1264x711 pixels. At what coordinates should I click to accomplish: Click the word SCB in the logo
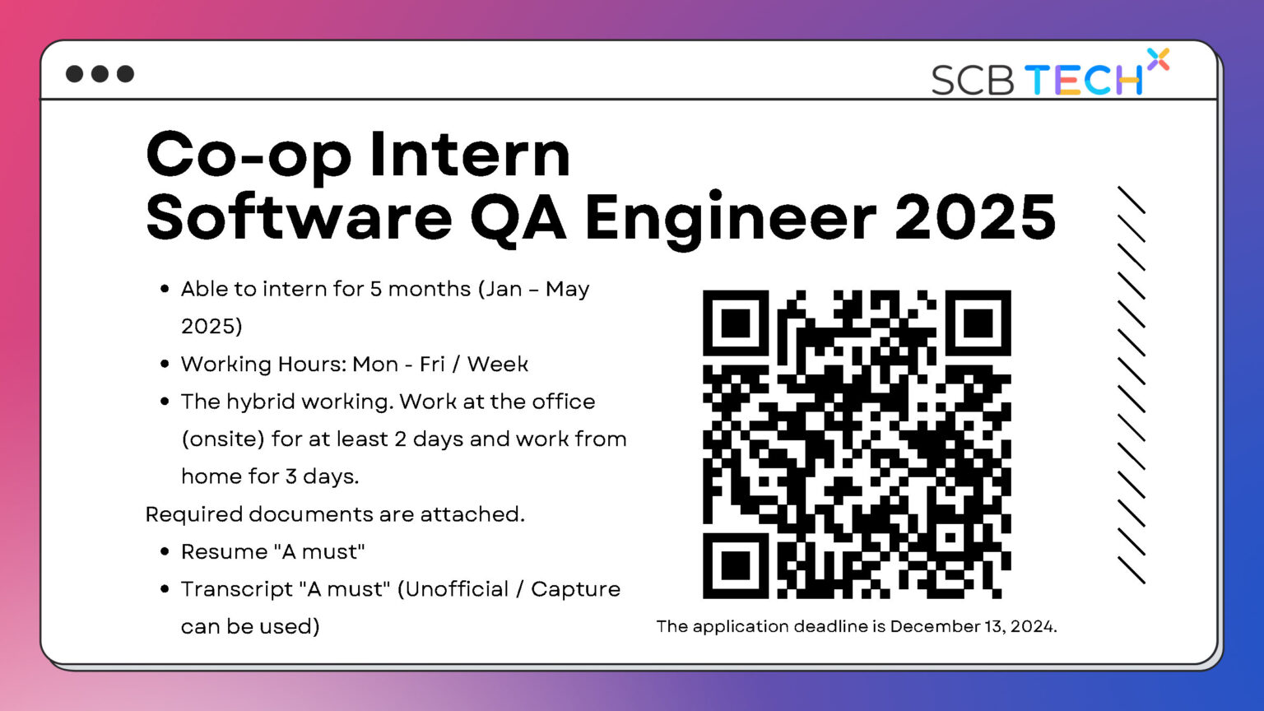972,80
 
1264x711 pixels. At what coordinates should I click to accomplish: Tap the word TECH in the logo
1084,80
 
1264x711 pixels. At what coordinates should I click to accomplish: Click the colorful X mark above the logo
1158,59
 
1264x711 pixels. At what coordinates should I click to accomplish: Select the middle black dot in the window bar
100,74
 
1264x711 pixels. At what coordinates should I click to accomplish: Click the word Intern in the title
469,154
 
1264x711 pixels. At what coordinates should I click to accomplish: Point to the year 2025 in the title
975,216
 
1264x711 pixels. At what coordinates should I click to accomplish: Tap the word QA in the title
518,216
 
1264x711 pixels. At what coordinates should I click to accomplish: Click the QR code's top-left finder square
735,323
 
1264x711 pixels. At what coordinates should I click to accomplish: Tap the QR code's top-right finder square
978,323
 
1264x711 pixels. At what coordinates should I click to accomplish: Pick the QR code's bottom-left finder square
735,566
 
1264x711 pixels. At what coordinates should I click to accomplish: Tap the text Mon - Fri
398,364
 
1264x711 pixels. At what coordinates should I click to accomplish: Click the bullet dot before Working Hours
165,364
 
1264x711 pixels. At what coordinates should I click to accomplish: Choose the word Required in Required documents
193,514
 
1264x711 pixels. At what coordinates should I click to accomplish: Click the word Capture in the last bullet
575,589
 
